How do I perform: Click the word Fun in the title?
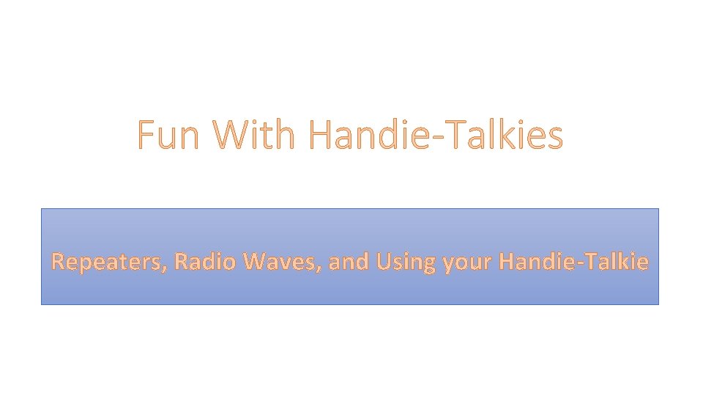(x=168, y=136)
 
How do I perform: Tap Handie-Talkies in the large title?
(x=436, y=136)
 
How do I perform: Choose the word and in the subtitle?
(x=348, y=261)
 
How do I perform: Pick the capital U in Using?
(x=383, y=261)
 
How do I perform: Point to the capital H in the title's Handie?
(x=320, y=136)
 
